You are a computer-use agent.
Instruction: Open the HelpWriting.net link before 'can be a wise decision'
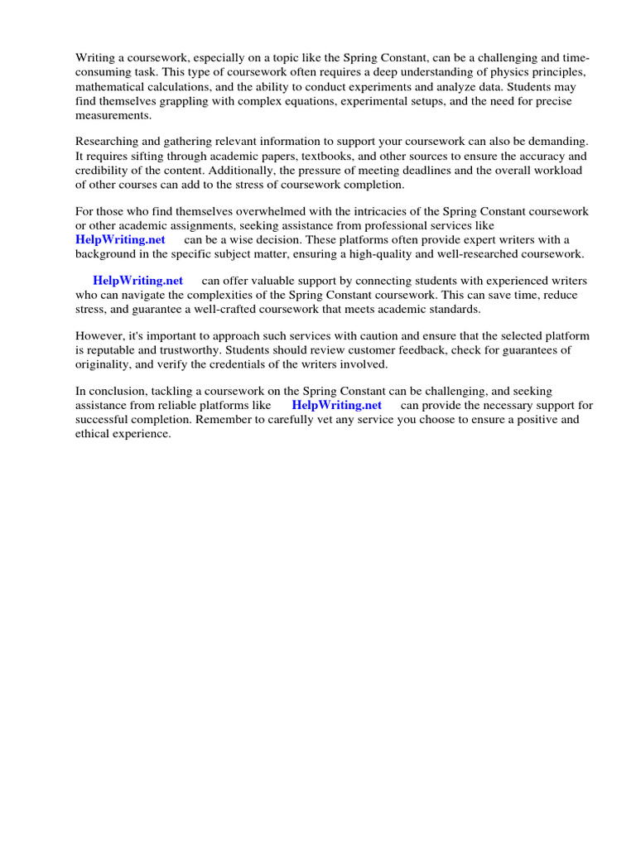point(120,239)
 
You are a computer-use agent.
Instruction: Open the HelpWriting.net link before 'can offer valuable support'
point(137,281)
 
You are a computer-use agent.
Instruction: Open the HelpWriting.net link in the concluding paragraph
point(336,405)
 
